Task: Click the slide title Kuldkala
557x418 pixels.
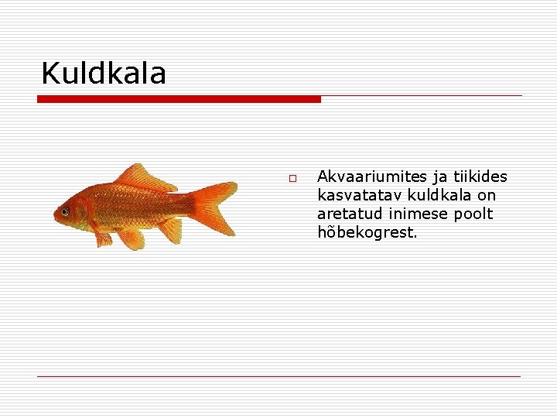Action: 103,74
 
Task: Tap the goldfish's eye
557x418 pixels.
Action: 65,211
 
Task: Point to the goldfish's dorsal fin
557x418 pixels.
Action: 143,177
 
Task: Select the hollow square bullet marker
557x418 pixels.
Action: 293,179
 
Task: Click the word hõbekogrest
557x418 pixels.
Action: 367,232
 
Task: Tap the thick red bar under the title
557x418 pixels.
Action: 179,99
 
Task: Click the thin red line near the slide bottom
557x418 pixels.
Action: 278,376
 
